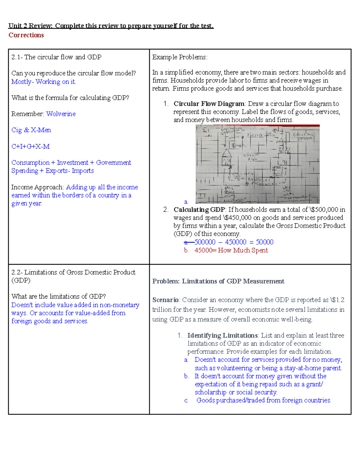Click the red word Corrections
pyautogui.click(x=26, y=35)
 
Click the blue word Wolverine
pyautogui.click(x=61, y=114)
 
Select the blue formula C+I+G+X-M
pyautogui.click(x=31, y=146)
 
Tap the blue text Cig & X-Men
pyautogui.click(x=31, y=130)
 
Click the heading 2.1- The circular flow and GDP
pyautogui.click(x=56, y=57)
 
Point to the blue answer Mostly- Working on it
pyautogui.click(x=43, y=82)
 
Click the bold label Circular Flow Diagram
pyautogui.click(x=209, y=104)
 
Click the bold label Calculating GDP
pyautogui.click(x=199, y=209)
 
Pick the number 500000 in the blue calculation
pyautogui.click(x=205, y=242)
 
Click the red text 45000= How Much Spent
pyautogui.click(x=231, y=250)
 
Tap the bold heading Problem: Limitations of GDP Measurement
pyautogui.click(x=218, y=281)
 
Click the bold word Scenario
pyautogui.click(x=165, y=300)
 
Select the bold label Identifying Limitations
pyautogui.click(x=222, y=335)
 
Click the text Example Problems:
pyautogui.click(x=180, y=57)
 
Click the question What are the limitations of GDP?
pyautogui.click(x=58, y=296)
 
